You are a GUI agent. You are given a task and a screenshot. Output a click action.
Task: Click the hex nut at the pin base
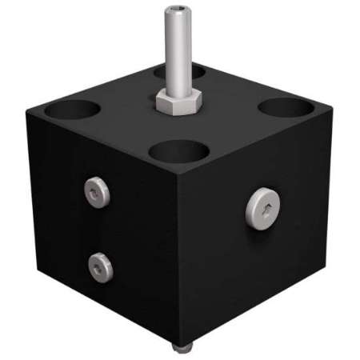tap(179, 102)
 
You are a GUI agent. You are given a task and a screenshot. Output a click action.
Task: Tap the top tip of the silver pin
tap(178, 10)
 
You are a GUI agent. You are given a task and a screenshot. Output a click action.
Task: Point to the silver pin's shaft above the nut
tap(178, 56)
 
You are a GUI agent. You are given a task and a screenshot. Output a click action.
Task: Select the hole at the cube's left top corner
tap(72, 109)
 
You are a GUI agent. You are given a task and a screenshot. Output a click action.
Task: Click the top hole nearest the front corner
tap(178, 151)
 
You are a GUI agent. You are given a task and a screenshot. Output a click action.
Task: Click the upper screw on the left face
tap(98, 192)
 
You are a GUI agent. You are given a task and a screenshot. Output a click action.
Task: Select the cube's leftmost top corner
tap(27, 113)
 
